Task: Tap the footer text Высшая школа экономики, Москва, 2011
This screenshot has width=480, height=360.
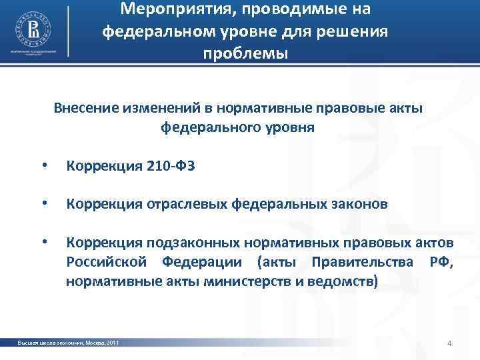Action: pyautogui.click(x=69, y=343)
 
